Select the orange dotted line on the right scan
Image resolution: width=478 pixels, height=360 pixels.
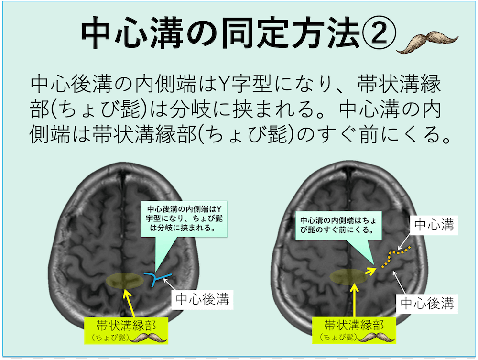(396, 256)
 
